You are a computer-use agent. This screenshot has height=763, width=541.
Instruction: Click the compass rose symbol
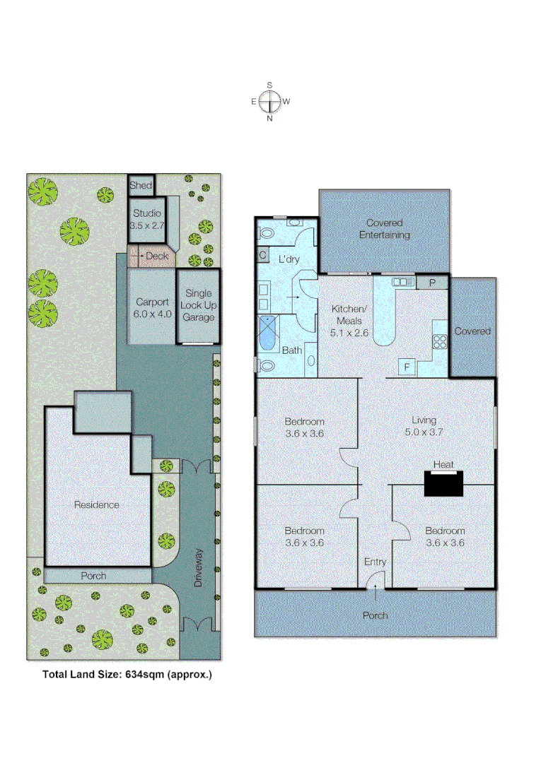(x=269, y=102)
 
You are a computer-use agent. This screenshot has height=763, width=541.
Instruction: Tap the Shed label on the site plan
(x=141, y=186)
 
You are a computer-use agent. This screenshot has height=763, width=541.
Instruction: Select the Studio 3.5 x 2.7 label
(x=146, y=219)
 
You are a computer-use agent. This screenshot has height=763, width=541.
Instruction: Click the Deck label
(x=156, y=256)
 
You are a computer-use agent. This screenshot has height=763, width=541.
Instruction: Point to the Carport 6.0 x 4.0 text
(x=153, y=308)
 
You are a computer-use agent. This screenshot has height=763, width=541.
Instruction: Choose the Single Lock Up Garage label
(x=199, y=305)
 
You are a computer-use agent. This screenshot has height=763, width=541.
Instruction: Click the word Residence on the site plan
(x=97, y=505)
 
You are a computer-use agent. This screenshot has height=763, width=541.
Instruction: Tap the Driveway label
(x=199, y=568)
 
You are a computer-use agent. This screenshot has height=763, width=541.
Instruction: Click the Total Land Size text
(x=127, y=675)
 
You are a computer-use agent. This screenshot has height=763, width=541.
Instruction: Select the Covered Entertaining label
(x=384, y=229)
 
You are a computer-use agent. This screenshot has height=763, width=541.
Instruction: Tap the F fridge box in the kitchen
(x=407, y=367)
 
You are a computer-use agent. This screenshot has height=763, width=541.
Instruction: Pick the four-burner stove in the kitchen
(x=440, y=341)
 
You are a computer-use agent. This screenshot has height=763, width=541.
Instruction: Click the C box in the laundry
(x=263, y=255)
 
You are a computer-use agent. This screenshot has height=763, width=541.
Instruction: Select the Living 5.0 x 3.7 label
(x=424, y=426)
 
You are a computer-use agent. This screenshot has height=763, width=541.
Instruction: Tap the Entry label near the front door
(x=375, y=562)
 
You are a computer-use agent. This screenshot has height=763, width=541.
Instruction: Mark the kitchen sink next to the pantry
(x=403, y=282)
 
